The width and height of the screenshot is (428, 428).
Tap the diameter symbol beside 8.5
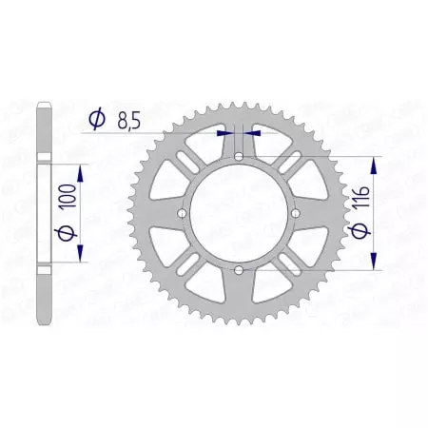coord(96,119)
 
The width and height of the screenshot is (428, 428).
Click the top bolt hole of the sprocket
coord(236,160)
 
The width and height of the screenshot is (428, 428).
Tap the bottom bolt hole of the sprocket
coord(236,272)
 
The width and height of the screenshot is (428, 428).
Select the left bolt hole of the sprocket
coord(180,216)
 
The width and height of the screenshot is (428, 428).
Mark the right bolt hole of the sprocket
coord(292,216)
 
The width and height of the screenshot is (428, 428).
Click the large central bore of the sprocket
coord(236,216)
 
